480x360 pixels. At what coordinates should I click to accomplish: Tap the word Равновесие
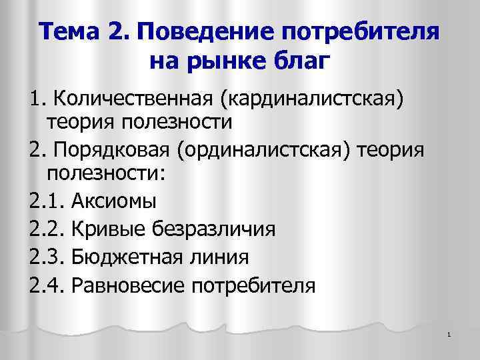126,286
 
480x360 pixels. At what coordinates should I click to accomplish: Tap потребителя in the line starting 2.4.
253,286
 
